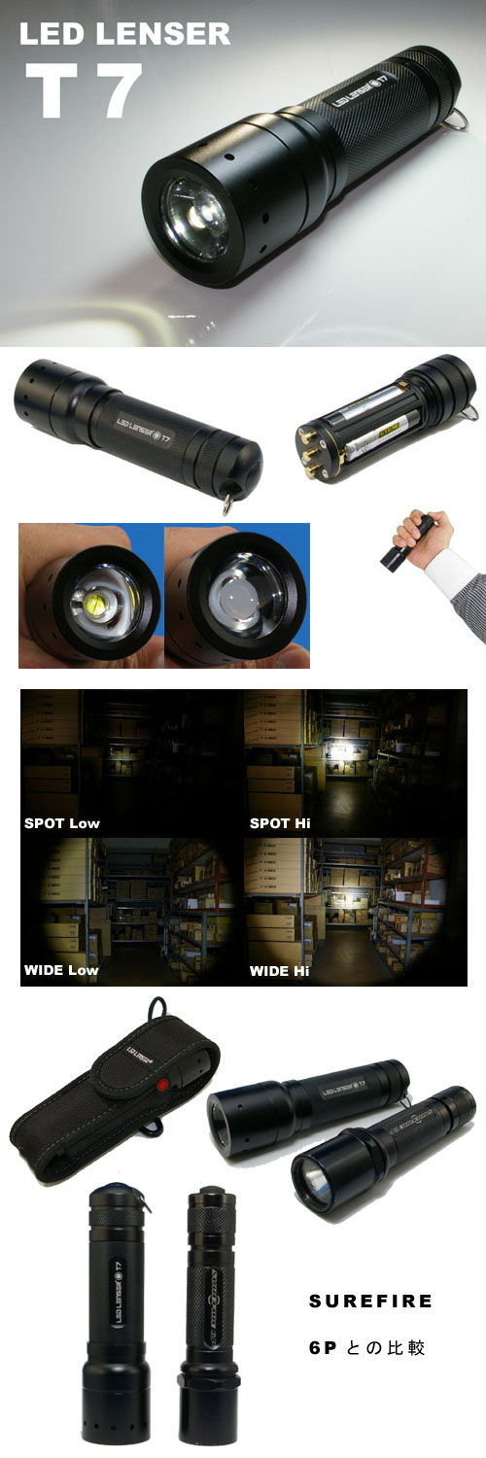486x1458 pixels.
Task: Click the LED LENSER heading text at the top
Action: (x=124, y=35)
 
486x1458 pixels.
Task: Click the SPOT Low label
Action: (x=62, y=823)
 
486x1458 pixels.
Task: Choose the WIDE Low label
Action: (x=61, y=970)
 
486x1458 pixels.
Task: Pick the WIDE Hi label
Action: (x=280, y=970)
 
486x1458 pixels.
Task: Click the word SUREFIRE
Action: (x=370, y=1301)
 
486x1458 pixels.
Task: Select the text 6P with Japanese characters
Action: (x=365, y=1348)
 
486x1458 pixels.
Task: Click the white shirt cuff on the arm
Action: (x=449, y=574)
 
